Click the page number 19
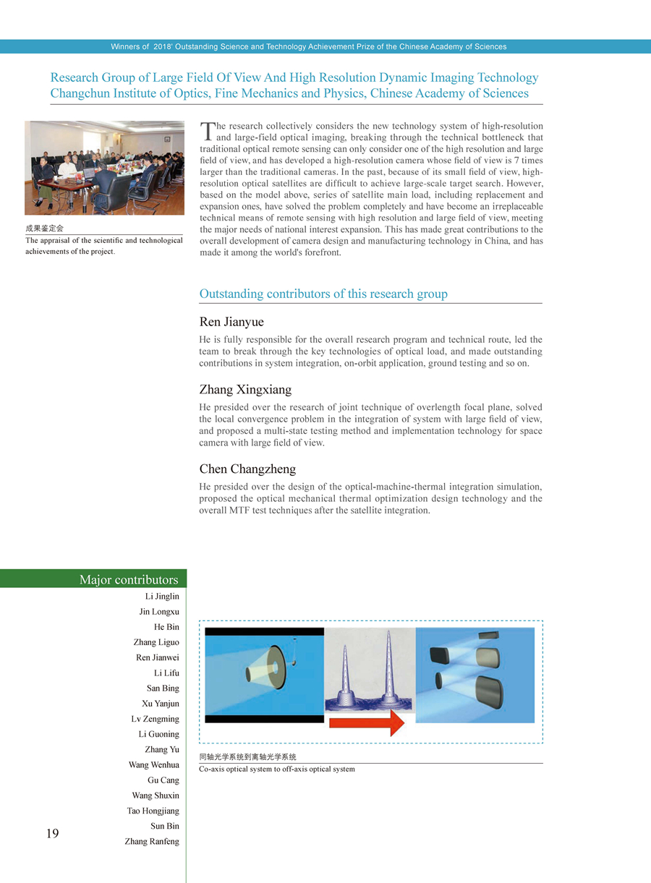click(52, 834)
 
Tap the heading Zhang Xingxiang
click(245, 390)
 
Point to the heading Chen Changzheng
click(247, 469)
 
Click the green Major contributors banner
click(94, 579)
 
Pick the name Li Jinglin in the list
click(162, 597)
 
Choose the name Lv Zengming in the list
click(155, 719)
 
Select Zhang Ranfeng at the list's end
click(152, 841)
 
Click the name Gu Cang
click(163, 780)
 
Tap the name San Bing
click(163, 688)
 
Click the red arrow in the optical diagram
click(367, 722)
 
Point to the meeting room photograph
click(104, 168)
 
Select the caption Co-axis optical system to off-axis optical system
click(276, 769)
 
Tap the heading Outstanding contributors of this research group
click(323, 294)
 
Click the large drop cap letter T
click(207, 131)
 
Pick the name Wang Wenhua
click(154, 765)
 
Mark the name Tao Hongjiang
click(153, 811)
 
